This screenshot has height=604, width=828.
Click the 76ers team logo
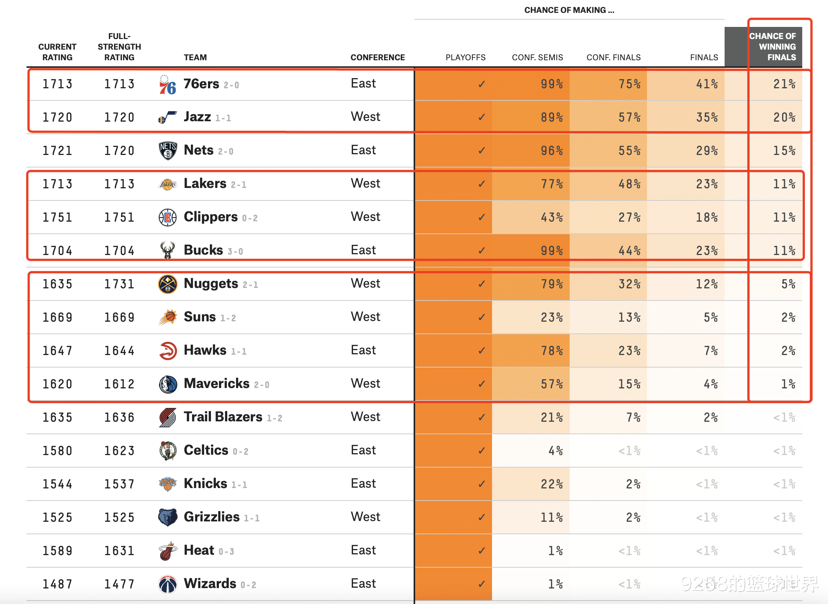click(x=167, y=84)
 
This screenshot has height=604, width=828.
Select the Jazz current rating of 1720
click(x=57, y=117)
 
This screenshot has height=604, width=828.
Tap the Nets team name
click(x=198, y=150)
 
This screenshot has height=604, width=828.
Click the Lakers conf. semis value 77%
click(x=551, y=184)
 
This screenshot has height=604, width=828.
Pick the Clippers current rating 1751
click(x=57, y=218)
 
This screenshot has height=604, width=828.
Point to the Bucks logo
click(x=167, y=250)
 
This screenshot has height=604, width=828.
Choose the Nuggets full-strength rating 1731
click(x=119, y=284)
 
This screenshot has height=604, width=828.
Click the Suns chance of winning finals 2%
click(x=788, y=318)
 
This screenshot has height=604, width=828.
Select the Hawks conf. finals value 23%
click(x=629, y=351)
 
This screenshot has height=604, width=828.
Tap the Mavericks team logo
click(x=167, y=384)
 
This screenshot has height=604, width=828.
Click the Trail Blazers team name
click(x=223, y=417)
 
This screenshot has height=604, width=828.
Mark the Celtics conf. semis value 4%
click(x=555, y=451)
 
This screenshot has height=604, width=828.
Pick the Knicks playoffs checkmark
click(x=481, y=484)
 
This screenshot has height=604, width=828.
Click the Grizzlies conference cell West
click(x=365, y=517)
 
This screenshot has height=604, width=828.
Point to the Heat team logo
click(x=167, y=551)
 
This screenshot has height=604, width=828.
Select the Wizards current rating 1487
click(x=57, y=584)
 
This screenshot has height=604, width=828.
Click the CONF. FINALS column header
click(x=613, y=58)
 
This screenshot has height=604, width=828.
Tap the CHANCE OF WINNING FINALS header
click(x=773, y=47)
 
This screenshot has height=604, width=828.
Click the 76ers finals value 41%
click(x=707, y=84)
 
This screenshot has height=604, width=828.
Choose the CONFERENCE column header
click(x=377, y=58)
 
